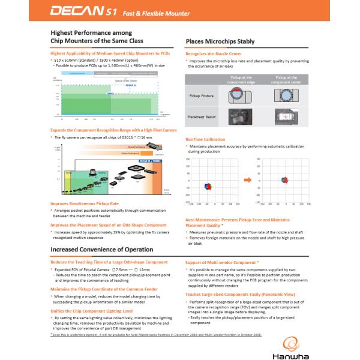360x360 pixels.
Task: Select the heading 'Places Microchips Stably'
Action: click(x=220, y=41)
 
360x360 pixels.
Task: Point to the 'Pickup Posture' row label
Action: click(x=200, y=95)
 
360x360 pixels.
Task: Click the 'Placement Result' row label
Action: click(x=202, y=117)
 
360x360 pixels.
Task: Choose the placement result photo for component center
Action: click(x=284, y=117)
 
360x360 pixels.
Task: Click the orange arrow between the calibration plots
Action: click(x=247, y=179)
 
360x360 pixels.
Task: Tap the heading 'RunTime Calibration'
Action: click(x=206, y=139)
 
